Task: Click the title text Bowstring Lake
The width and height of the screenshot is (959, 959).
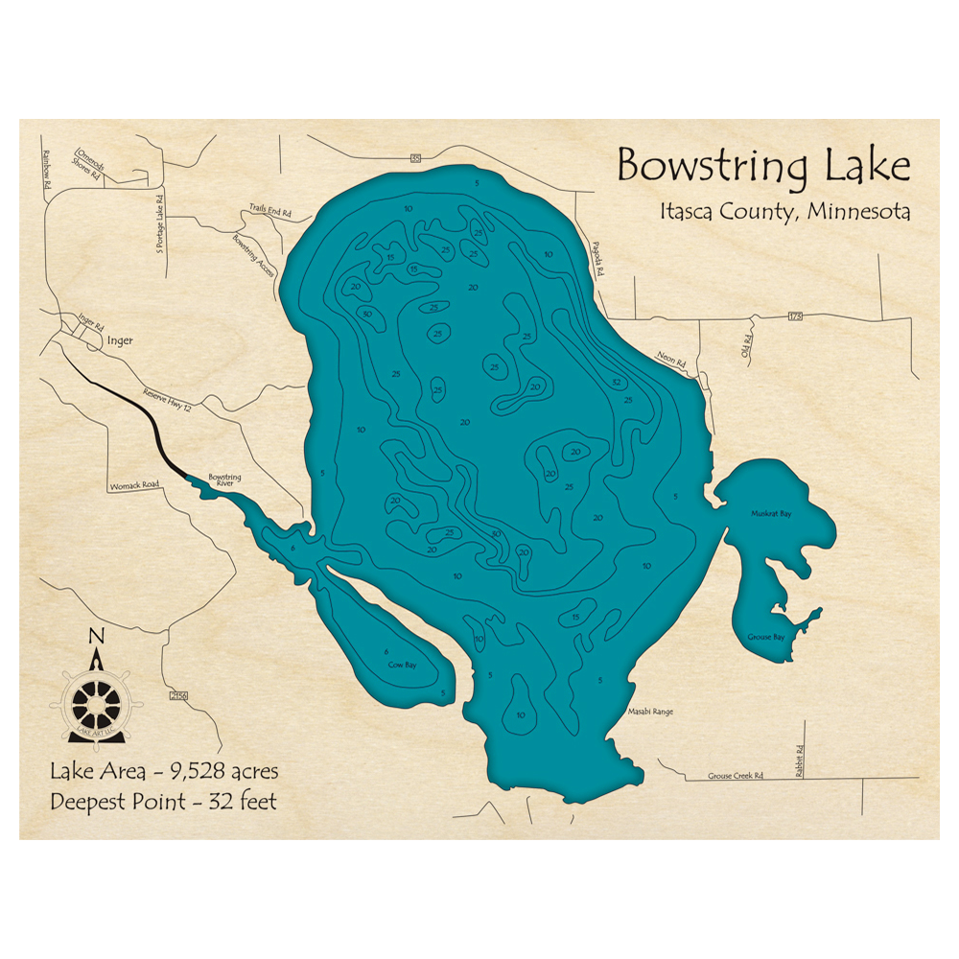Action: coord(762,166)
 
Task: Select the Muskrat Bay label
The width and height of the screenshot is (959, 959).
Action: coord(772,514)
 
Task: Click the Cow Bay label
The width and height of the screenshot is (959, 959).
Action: coord(402,664)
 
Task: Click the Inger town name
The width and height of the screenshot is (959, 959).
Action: coord(120,339)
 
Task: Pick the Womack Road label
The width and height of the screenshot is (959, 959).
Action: coord(133,485)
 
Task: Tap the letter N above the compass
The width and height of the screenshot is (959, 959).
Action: coord(95,636)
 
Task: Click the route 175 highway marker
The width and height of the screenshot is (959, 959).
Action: coord(795,316)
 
